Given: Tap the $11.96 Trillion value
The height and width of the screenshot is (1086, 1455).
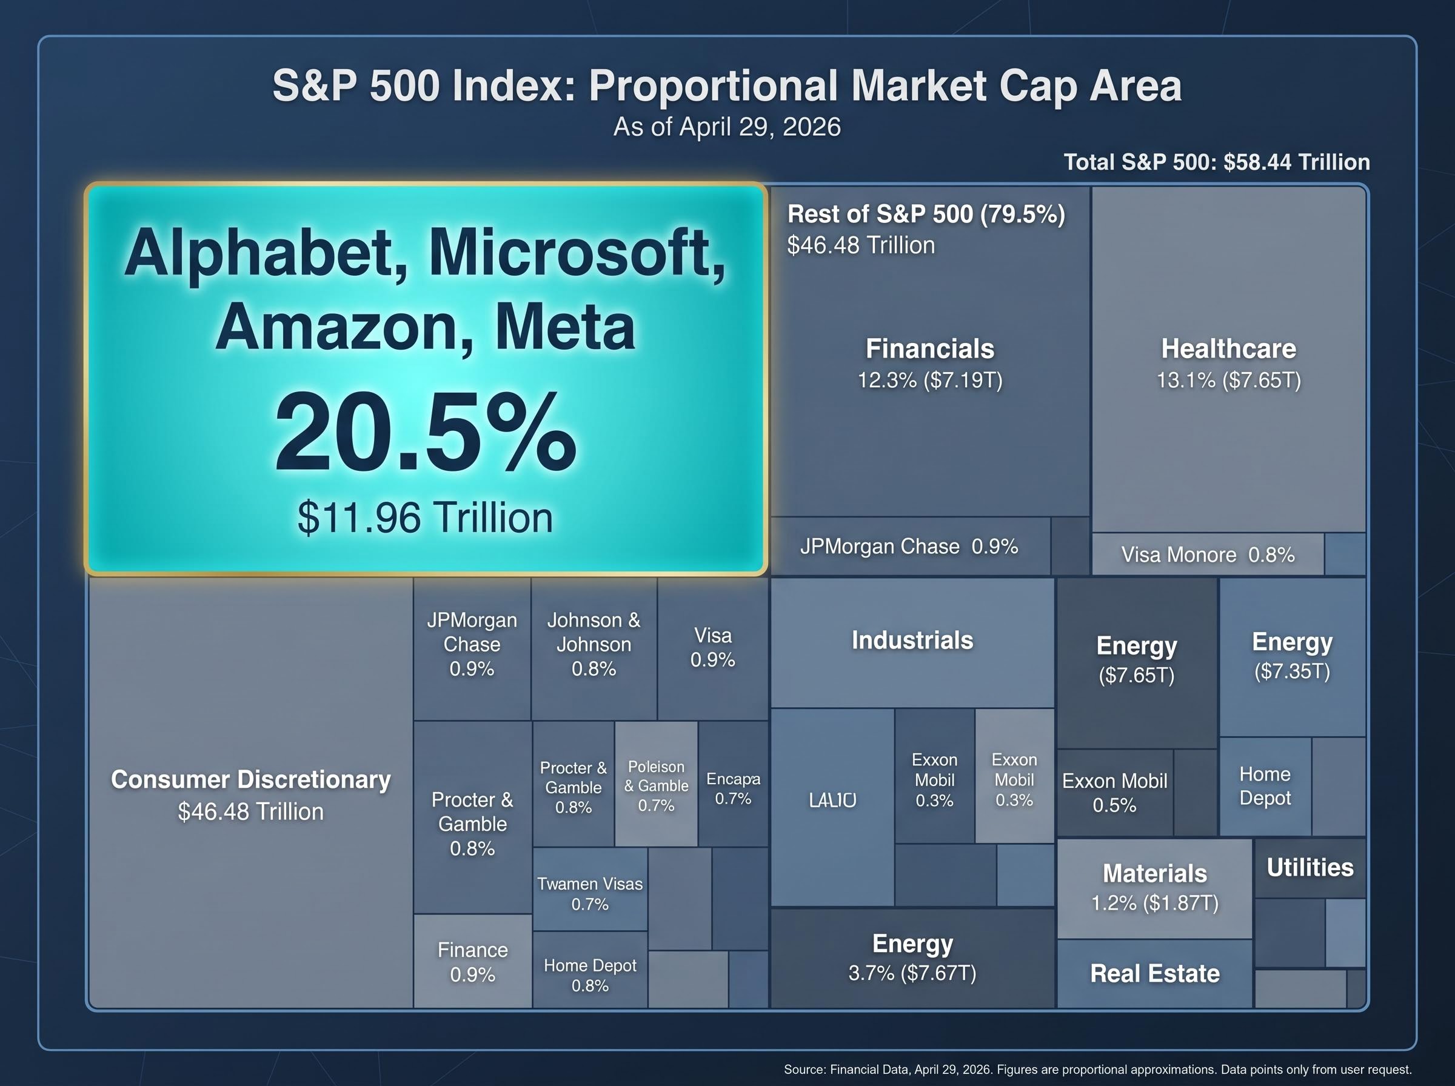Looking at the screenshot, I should [x=426, y=518].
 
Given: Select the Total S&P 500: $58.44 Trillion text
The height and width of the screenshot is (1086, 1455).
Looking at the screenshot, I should [x=1216, y=162].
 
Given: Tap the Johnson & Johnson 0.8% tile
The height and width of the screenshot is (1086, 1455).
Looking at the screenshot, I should [x=594, y=644].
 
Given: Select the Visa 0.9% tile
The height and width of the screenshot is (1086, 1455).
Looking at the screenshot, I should [x=713, y=647].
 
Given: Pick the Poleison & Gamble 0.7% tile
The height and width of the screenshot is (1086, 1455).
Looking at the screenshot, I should [x=656, y=785].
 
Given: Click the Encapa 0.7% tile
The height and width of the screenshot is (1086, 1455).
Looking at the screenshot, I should [x=733, y=788].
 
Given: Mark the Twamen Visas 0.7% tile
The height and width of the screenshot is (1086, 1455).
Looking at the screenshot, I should [x=590, y=893].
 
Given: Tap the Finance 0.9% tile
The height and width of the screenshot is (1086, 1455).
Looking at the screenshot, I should [x=472, y=962].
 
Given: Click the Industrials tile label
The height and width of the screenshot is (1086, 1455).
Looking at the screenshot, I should [x=912, y=641].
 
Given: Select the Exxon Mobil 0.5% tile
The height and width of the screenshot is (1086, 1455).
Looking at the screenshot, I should [x=1114, y=793].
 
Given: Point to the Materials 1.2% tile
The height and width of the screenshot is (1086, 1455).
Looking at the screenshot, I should [x=1154, y=887].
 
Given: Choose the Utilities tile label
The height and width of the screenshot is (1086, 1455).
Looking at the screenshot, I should [x=1309, y=868].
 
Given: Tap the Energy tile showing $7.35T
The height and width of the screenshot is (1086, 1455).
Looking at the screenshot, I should [x=1292, y=655].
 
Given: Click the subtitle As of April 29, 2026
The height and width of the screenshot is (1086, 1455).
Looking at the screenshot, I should [x=726, y=127].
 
